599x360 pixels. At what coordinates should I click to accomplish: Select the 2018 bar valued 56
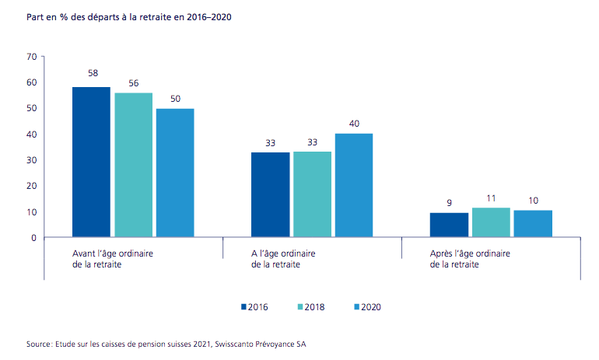pos(133,165)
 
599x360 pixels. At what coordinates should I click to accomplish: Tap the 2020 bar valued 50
pos(175,173)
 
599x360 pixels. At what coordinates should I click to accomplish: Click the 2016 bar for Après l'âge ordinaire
pos(449,225)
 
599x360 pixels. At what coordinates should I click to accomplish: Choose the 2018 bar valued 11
pos(491,222)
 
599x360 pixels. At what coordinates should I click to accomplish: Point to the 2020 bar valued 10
pos(533,224)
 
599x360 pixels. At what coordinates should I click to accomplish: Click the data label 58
pos(92,74)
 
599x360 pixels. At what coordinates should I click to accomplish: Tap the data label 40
pos(354,123)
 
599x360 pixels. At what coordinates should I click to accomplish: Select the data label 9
pos(450,203)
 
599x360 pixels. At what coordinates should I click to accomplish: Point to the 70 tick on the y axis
pos(32,57)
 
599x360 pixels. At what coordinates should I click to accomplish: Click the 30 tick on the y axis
pos(32,160)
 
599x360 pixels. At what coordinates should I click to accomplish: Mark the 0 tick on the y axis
pos(34,238)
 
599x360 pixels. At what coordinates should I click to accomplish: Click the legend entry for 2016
pos(254,306)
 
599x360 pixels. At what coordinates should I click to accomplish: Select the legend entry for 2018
pos(309,306)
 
